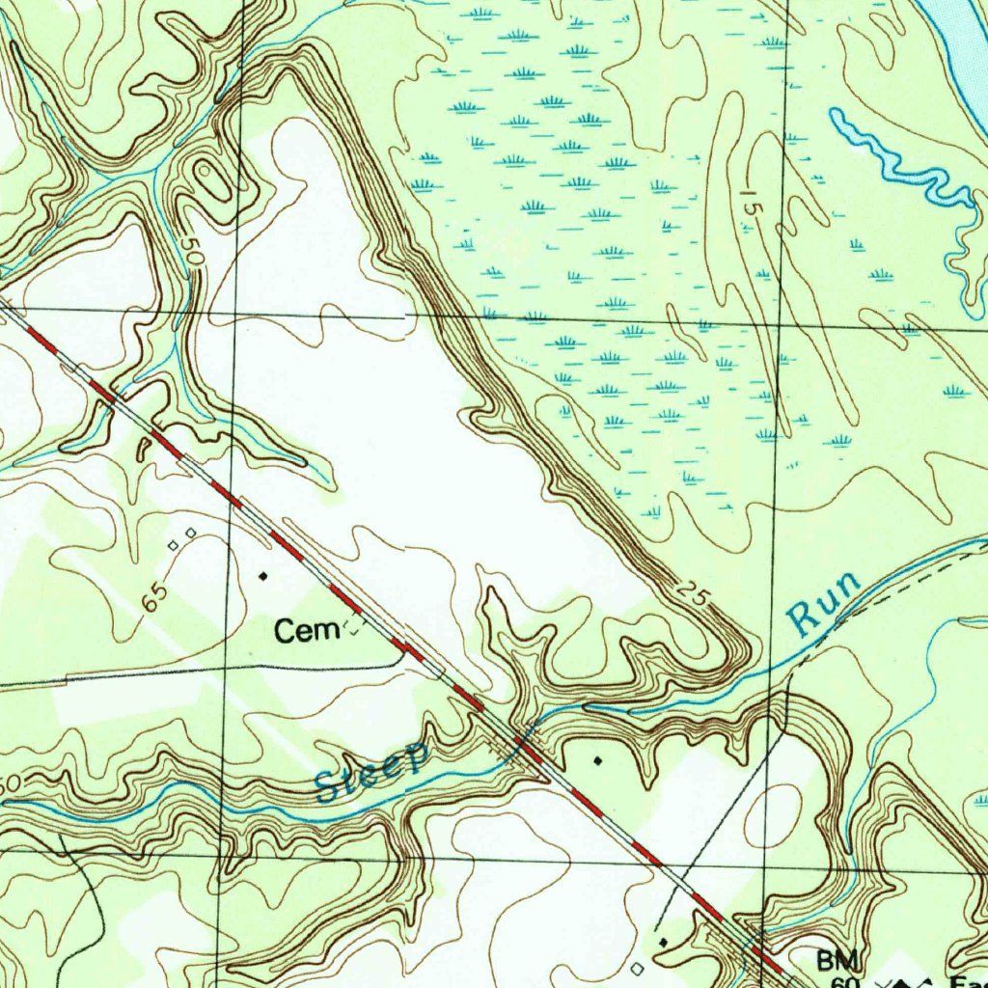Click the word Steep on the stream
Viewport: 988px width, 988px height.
(x=372, y=773)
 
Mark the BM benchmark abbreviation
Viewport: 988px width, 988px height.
(x=836, y=961)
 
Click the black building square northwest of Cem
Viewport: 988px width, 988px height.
(x=263, y=576)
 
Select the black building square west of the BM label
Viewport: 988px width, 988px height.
(x=662, y=939)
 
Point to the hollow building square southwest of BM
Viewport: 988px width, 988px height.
(x=636, y=966)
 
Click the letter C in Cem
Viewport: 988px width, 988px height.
(x=287, y=632)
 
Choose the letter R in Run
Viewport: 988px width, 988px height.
(x=803, y=618)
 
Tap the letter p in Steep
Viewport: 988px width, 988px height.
(x=415, y=759)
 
